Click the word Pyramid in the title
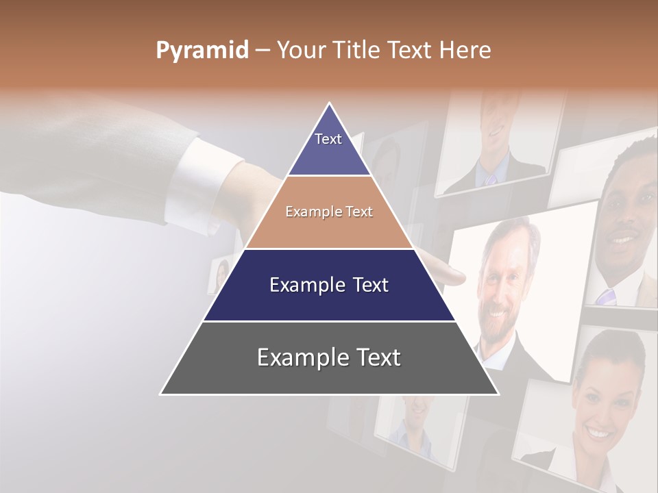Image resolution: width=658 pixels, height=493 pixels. pyautogui.click(x=202, y=51)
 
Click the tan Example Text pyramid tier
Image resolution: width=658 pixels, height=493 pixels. pyautogui.click(x=329, y=212)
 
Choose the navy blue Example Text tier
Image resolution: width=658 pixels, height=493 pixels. pyautogui.click(x=329, y=285)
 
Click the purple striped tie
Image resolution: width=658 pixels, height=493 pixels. pyautogui.click(x=606, y=296)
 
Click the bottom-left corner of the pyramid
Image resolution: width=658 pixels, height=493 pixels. pyautogui.click(x=161, y=394)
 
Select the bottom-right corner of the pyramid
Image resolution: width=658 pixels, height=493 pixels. pyautogui.click(x=498, y=394)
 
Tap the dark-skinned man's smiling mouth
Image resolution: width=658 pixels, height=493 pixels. pyautogui.click(x=624, y=240)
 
